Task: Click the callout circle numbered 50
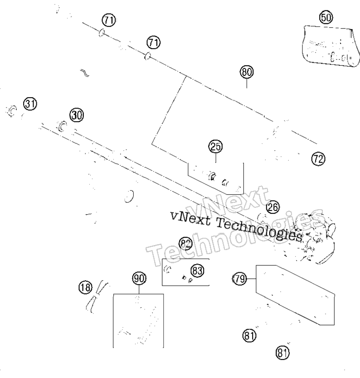click(326, 18)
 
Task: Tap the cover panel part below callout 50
click(331, 46)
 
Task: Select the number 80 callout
click(247, 72)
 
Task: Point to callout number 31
click(30, 104)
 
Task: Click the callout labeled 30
click(77, 115)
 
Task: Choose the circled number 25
click(215, 146)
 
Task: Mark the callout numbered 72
click(318, 159)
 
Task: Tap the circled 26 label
click(273, 207)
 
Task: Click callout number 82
click(185, 244)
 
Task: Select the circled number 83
click(197, 270)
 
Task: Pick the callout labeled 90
click(139, 279)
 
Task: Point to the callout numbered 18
click(86, 287)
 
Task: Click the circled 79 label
click(239, 279)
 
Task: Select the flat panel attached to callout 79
click(295, 295)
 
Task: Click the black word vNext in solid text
click(190, 219)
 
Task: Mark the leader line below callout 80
click(247, 83)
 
